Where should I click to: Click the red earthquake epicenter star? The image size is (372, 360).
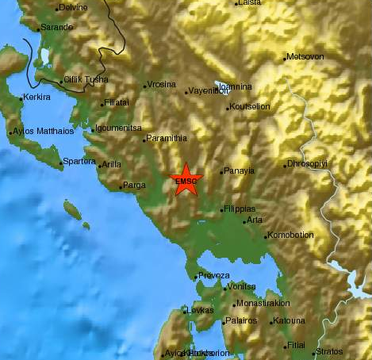click(x=186, y=179)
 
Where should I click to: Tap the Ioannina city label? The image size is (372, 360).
click(x=236, y=87)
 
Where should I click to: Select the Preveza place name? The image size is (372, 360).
click(x=214, y=275)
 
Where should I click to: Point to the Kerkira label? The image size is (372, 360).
click(x=36, y=98)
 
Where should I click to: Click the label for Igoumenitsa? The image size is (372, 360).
click(x=118, y=128)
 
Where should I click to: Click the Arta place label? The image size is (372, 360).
click(x=254, y=220)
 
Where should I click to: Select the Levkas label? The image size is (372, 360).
click(x=199, y=310)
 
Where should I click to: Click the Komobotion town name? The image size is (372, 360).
click(x=291, y=235)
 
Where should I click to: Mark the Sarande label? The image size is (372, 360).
click(x=57, y=27)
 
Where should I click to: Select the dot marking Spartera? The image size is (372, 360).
click(x=61, y=165)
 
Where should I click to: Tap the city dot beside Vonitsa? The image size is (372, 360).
click(x=223, y=287)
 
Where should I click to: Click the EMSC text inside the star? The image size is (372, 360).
click(x=186, y=182)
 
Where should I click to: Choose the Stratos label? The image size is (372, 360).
click(x=330, y=351)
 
